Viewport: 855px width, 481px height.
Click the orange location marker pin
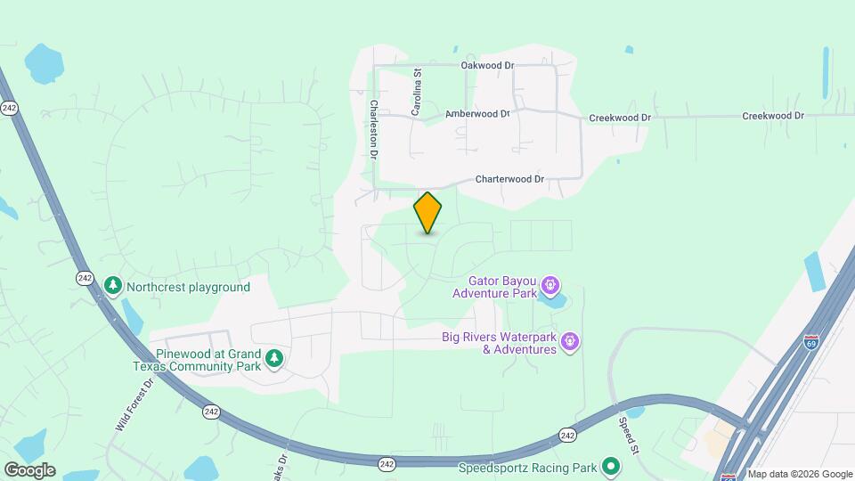pos(427,213)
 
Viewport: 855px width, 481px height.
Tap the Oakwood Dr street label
pos(488,65)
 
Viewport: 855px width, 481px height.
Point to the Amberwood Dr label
pos(476,114)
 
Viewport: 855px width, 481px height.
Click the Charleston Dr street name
pos(374,128)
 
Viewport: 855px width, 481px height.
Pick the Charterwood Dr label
pos(509,179)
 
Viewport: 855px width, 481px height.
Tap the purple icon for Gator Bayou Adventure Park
pos(550,286)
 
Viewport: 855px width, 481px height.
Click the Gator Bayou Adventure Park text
pos(494,287)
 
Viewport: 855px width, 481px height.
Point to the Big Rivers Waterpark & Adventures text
pos(500,343)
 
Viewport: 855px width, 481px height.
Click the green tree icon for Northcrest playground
pos(112,286)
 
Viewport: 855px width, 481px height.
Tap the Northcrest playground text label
pos(188,287)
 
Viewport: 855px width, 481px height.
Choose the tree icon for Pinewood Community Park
pos(276,358)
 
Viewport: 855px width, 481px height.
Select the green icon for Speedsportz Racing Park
pos(611,466)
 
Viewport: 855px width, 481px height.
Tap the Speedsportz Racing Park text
pos(527,467)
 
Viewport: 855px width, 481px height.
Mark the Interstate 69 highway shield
pos(810,342)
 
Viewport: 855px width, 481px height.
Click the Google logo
pos(29,469)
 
